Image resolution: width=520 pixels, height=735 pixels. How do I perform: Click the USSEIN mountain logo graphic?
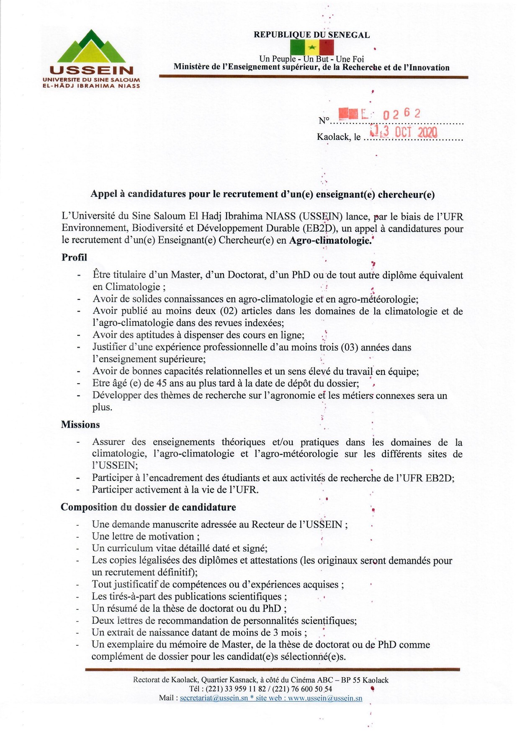coord(92,47)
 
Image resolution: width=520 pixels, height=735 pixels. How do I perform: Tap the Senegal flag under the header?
coord(311,47)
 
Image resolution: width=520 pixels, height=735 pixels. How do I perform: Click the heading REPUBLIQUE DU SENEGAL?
coord(311,35)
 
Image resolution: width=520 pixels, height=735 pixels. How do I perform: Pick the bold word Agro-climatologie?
coord(330,241)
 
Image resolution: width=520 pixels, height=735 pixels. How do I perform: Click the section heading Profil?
coord(74,258)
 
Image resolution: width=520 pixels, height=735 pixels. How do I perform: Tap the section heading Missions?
coord(80,425)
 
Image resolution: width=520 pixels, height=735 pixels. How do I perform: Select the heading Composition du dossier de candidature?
coord(148,507)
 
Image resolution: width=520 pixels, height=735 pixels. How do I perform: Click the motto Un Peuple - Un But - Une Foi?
coord(311,59)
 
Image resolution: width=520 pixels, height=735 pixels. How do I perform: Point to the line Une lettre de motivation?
coord(146,536)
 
